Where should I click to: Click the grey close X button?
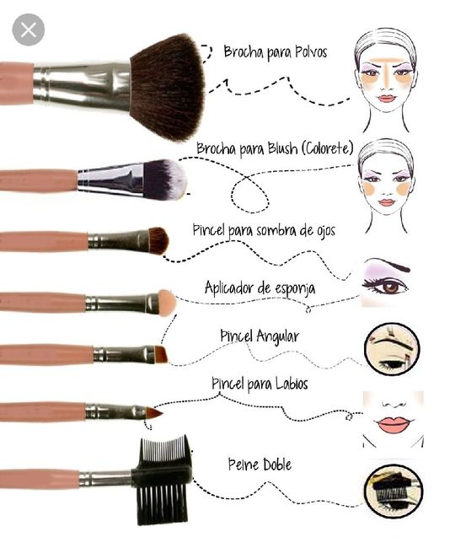(29, 30)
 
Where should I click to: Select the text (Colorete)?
(327, 148)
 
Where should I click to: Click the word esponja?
(295, 289)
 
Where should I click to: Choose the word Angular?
(278, 337)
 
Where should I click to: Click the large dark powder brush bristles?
(168, 88)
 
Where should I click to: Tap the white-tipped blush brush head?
(165, 179)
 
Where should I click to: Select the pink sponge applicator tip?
(166, 303)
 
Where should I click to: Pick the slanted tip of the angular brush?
(161, 354)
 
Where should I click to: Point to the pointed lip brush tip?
(154, 413)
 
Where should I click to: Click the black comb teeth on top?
(165, 452)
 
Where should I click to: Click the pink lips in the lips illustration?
(393, 423)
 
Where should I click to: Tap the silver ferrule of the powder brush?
(82, 84)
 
